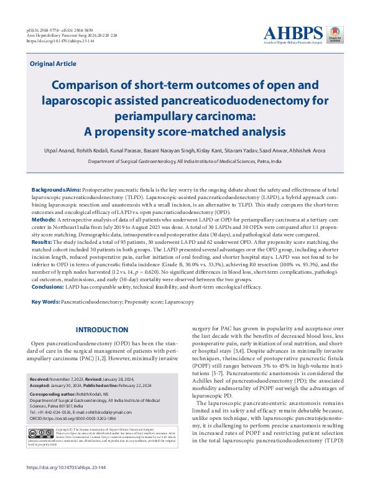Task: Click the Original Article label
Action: tap(53, 64)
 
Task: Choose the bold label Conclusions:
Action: tap(50, 287)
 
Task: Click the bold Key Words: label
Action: tap(45, 302)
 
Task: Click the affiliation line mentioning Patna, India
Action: tap(185, 161)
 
